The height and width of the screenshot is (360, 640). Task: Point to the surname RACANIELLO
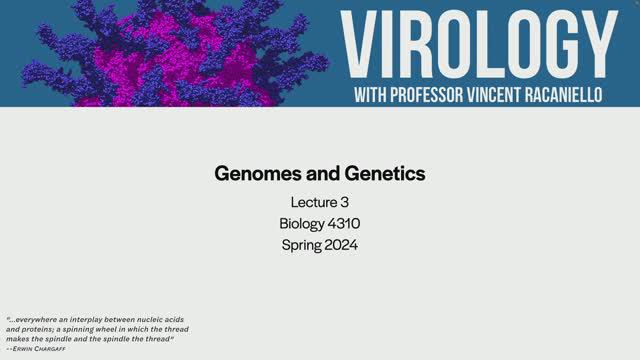point(580,94)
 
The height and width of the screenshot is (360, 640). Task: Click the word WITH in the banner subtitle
point(376,94)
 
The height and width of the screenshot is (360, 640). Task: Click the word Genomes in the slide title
point(255,173)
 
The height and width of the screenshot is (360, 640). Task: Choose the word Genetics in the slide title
point(381,173)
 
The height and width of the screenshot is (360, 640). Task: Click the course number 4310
point(346,223)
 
